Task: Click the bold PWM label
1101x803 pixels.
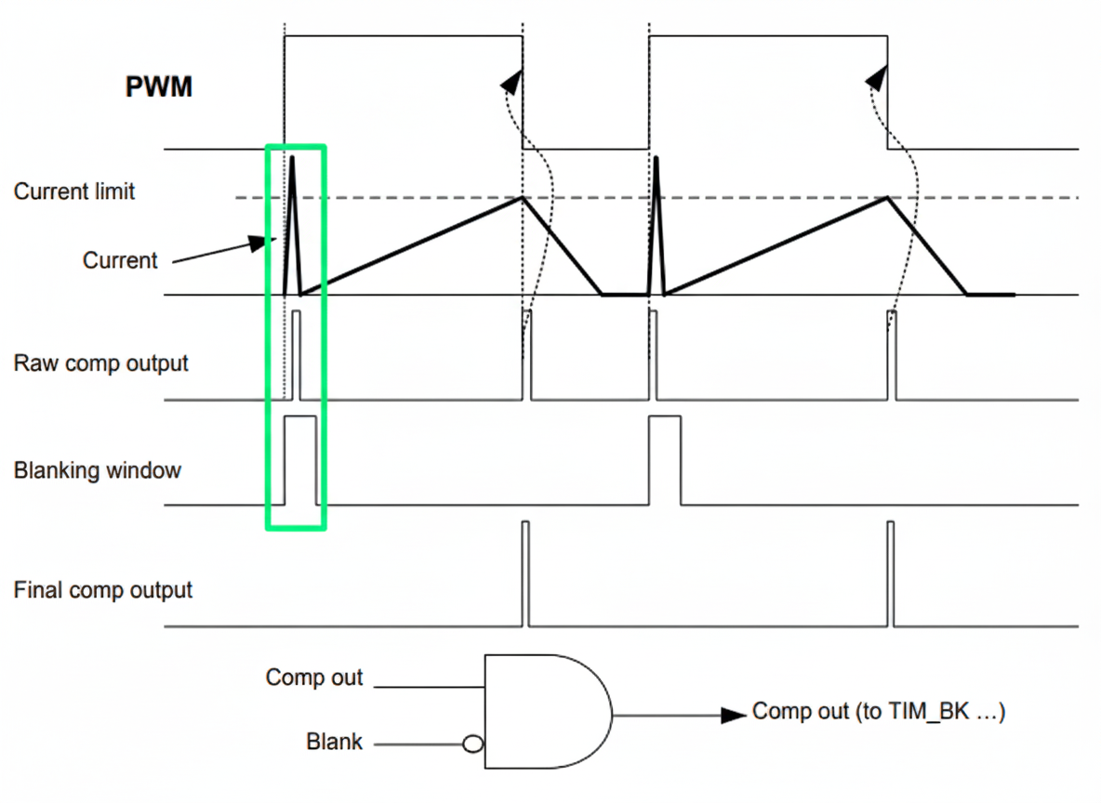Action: click(158, 87)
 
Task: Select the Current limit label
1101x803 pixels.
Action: click(74, 191)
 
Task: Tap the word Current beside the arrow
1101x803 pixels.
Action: click(120, 260)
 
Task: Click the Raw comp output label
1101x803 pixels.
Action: click(100, 362)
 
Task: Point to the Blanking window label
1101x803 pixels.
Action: click(98, 470)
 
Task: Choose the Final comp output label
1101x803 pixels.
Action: click(103, 589)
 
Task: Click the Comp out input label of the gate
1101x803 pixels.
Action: click(314, 678)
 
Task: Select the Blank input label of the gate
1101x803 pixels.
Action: click(335, 743)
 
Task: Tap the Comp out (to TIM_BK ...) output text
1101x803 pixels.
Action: click(879, 712)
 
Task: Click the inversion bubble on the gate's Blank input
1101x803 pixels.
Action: click(473, 744)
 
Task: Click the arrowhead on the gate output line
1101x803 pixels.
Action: click(736, 715)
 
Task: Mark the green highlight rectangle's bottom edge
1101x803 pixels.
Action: click(296, 529)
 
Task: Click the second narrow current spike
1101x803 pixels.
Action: click(658, 223)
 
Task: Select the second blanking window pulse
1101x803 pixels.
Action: click(664, 461)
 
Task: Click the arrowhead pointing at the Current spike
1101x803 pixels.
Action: click(258, 243)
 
